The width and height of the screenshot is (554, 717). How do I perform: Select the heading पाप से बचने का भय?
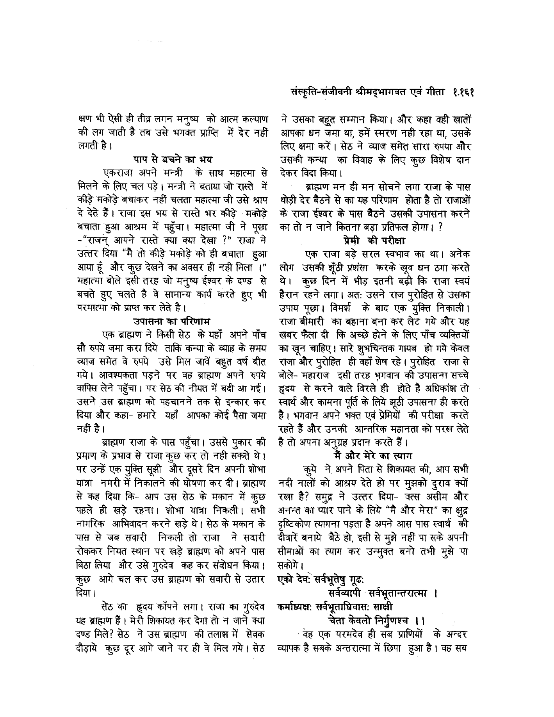172,159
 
